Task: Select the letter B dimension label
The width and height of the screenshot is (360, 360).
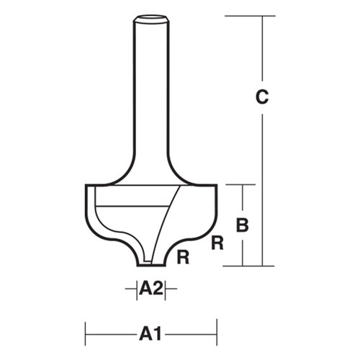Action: pos(243,225)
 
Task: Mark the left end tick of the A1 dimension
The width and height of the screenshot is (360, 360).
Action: pos(86,333)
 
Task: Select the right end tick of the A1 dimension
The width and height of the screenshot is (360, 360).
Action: pos(217,333)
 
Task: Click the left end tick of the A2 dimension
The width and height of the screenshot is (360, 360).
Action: pos(136,289)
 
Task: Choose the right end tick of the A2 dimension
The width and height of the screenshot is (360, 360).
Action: pos(166,289)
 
